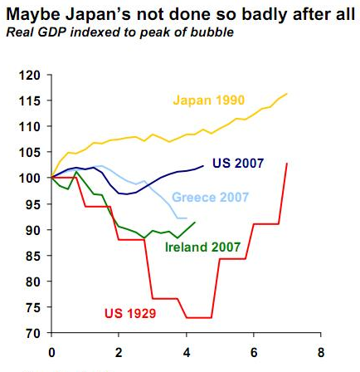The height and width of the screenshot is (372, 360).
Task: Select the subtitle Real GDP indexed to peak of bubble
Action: [119, 32]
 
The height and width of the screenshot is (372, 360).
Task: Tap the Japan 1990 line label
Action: [208, 100]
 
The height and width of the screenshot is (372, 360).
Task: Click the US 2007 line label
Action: [238, 164]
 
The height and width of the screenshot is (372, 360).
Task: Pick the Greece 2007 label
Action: [210, 198]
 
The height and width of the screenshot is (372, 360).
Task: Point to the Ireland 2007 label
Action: [202, 247]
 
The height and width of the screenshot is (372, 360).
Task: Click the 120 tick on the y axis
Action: [29, 76]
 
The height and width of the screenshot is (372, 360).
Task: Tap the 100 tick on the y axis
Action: [29, 179]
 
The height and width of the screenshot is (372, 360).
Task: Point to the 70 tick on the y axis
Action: [32, 333]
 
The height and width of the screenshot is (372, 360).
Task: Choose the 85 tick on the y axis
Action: [32, 256]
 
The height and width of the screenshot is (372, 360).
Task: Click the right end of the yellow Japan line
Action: [287, 94]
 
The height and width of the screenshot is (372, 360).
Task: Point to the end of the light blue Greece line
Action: [186, 218]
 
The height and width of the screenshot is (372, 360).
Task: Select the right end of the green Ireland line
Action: [195, 222]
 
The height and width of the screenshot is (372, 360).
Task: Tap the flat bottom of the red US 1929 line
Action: [199, 317]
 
